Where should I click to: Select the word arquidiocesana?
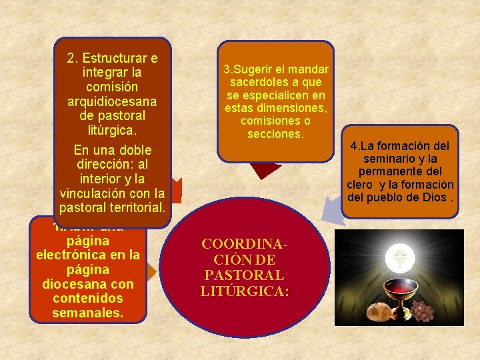pos(112,101)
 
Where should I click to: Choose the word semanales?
pos(88,313)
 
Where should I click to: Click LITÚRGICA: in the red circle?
pos(244,290)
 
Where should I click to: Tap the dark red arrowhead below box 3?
pos(268,169)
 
